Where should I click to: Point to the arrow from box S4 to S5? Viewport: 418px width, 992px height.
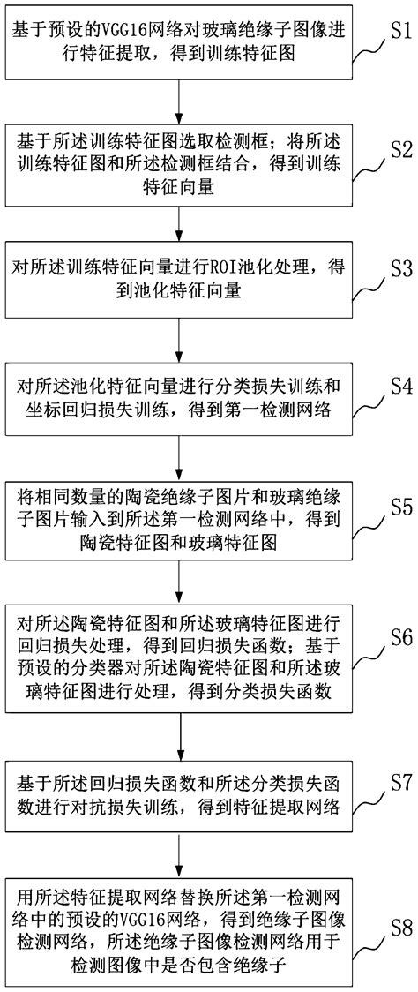click(x=180, y=455)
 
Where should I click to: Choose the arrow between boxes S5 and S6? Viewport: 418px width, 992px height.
click(x=180, y=578)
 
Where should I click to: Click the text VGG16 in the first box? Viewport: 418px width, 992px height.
click(x=126, y=30)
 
